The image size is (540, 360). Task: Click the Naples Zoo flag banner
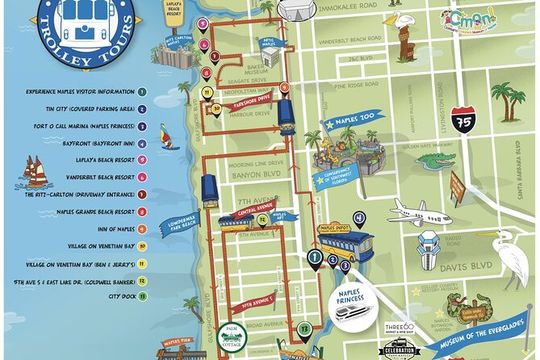pos(345,127)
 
